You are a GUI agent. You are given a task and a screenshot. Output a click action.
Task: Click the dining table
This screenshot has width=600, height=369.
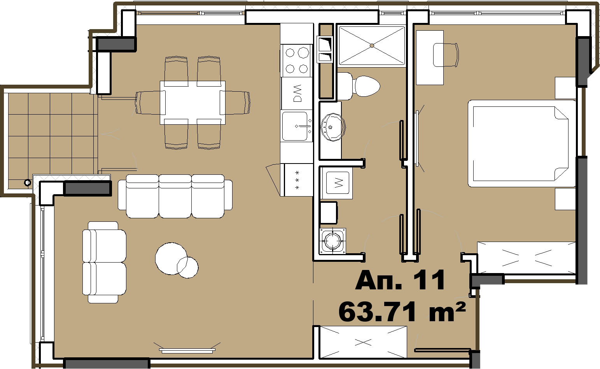[x=192, y=103]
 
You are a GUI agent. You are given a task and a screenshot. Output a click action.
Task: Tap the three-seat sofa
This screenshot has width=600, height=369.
[x=175, y=196]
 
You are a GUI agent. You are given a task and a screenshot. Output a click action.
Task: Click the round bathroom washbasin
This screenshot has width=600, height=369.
[x=333, y=127]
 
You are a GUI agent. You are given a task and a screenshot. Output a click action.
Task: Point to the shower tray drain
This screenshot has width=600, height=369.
[x=372, y=46]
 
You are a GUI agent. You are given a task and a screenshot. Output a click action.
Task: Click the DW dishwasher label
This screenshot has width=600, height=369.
[x=297, y=93]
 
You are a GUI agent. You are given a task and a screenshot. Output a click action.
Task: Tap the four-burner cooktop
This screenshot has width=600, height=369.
[x=296, y=61]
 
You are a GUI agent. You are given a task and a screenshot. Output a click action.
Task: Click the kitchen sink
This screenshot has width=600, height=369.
[x=297, y=126]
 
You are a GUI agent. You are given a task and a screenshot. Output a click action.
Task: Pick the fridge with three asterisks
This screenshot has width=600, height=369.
[x=298, y=180]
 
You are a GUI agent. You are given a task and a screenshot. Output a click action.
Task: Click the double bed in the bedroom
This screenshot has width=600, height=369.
[x=521, y=143]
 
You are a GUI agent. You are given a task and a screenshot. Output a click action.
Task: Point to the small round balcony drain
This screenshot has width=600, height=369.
[x=27, y=183]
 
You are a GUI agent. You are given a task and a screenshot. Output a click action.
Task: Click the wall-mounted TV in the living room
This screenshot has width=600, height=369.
[x=187, y=350]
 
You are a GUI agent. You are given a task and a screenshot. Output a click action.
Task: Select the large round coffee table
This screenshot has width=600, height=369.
[x=171, y=258]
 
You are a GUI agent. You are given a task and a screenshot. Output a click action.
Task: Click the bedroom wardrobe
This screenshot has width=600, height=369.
[x=526, y=258]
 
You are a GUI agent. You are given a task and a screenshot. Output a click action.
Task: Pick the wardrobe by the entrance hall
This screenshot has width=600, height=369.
[x=364, y=342]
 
